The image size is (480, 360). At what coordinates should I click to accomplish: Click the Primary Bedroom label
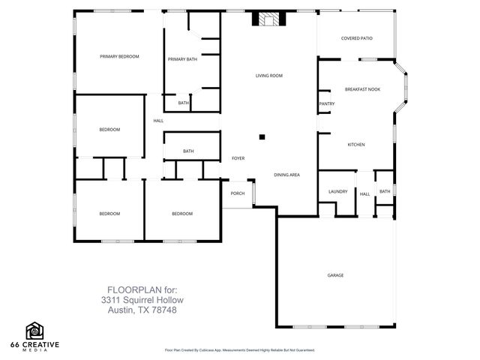click(x=120, y=56)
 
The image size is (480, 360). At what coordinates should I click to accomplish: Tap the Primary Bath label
click(x=182, y=59)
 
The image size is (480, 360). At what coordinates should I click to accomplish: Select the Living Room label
click(x=268, y=76)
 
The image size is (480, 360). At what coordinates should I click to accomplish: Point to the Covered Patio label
click(x=356, y=38)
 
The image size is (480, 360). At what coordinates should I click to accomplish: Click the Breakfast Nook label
click(x=362, y=89)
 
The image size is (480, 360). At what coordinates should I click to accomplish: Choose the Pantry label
click(x=326, y=103)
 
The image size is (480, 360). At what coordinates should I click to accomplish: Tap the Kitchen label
click(x=355, y=144)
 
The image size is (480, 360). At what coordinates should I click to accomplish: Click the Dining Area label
click(x=286, y=175)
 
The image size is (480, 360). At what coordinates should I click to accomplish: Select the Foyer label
click(x=238, y=158)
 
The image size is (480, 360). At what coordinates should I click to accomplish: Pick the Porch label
click(x=237, y=193)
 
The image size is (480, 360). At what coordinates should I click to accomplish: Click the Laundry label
click(x=337, y=191)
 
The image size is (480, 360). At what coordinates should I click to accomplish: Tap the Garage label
click(x=335, y=275)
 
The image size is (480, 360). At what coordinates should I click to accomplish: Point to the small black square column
click(x=262, y=136)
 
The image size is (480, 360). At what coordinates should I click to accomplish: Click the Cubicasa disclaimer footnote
click(x=239, y=350)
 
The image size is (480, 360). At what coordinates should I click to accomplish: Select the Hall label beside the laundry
click(x=364, y=194)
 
